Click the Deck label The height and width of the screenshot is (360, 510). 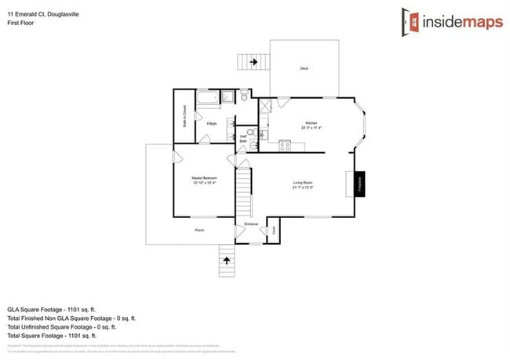304,68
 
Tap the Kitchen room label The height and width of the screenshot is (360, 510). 311,123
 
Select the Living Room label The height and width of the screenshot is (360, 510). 303,182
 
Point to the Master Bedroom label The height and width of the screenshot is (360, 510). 204,179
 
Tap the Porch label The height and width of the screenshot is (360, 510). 199,230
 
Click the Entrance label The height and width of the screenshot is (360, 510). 251,224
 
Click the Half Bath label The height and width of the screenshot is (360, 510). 243,139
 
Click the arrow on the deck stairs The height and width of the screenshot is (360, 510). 253,61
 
